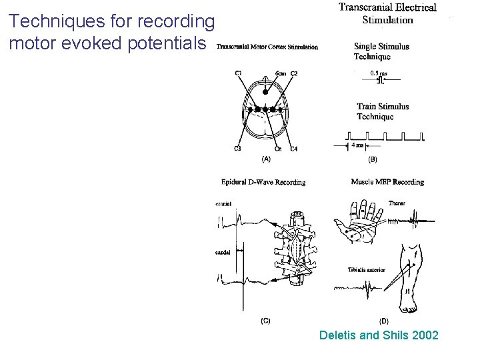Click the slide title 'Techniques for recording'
point(112,22)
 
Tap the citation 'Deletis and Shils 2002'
point(379,335)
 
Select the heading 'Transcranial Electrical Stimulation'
point(387,13)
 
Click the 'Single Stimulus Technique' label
point(381,51)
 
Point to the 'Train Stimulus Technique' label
point(383,111)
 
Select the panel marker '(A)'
point(265,159)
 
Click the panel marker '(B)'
point(373,159)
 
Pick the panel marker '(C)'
point(265,320)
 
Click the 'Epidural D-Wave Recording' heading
point(263,182)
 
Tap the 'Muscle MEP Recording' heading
point(387,182)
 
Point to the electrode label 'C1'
point(238,72)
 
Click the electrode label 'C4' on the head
point(294,148)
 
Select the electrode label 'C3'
point(237,148)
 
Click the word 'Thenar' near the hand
point(397,203)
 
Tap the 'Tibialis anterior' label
point(365,269)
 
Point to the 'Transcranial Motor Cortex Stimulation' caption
point(267,47)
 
